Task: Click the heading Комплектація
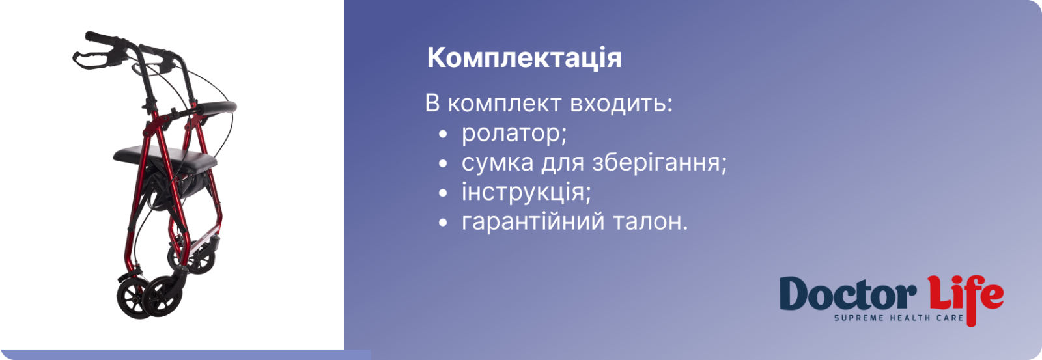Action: click(524, 58)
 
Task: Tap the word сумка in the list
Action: click(498, 162)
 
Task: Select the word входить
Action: click(621, 104)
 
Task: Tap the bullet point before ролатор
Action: click(443, 134)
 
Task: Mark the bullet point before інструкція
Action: click(443, 193)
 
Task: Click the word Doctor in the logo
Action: click(847, 294)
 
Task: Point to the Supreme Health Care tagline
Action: click(899, 318)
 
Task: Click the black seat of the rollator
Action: click(165, 158)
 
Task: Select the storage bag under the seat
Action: click(175, 184)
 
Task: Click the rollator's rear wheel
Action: click(192, 259)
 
